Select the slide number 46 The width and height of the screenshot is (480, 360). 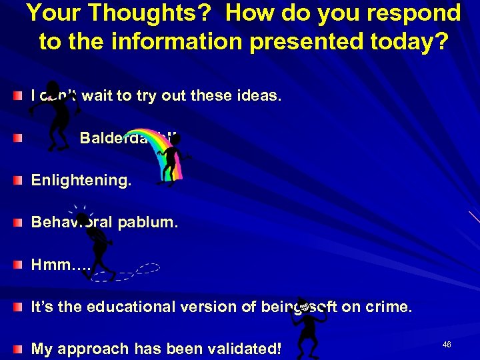click(x=446, y=344)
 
